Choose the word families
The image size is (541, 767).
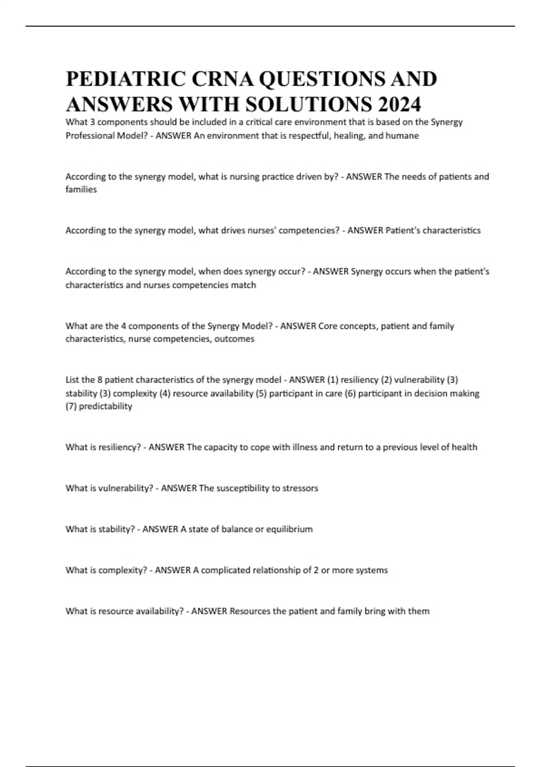(81, 189)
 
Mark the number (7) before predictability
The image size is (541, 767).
(71, 406)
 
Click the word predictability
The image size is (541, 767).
(106, 406)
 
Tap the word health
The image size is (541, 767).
(464, 447)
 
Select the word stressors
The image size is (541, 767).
(300, 488)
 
